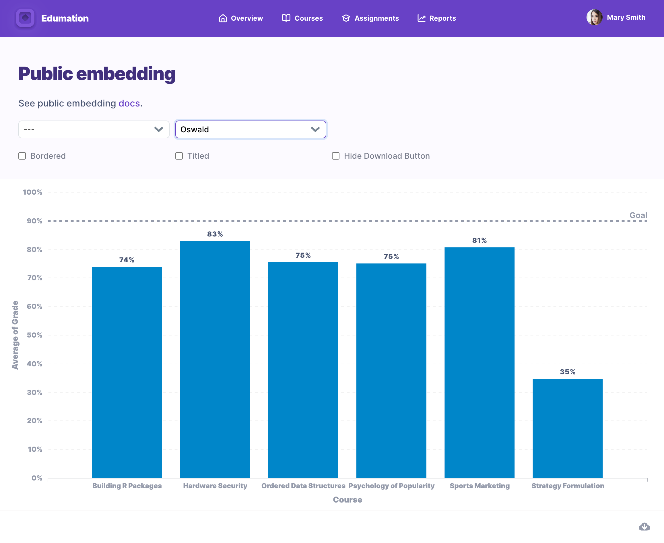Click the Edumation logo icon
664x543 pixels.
point(25,18)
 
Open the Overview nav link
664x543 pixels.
point(240,18)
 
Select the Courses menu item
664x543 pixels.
point(302,18)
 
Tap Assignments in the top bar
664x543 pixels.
point(370,18)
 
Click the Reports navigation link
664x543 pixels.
point(437,18)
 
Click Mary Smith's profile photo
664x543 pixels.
point(594,18)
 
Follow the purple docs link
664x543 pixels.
point(129,103)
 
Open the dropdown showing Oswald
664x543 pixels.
point(251,129)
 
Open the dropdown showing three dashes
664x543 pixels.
point(94,129)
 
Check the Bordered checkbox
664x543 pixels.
point(22,156)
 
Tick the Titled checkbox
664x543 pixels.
point(179,156)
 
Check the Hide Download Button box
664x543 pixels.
point(336,156)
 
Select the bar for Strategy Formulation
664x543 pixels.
point(567,428)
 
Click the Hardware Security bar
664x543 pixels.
point(215,360)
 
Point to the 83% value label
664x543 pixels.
point(215,234)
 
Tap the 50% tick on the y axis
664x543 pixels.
point(34,335)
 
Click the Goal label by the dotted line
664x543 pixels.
point(638,215)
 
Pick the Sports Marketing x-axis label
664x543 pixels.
point(479,486)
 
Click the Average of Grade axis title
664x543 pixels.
point(15,335)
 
